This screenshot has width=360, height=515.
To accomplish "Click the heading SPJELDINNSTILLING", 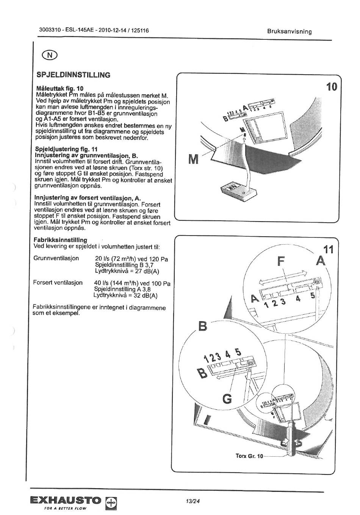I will tap(74, 75).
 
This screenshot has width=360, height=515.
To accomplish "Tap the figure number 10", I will tap(331, 87).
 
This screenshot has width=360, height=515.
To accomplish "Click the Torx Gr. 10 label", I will tap(249, 456).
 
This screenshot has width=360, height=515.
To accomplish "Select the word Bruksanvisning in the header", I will tap(290, 31).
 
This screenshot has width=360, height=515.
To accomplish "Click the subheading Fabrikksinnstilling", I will tap(60, 240).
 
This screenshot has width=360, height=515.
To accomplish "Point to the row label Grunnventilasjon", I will tap(56, 258).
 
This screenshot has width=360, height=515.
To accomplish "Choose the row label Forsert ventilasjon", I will tap(58, 282).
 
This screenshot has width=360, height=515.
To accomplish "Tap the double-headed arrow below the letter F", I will tap(283, 278).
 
